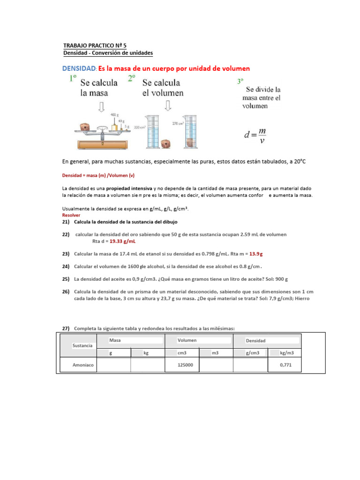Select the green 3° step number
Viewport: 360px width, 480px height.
240,81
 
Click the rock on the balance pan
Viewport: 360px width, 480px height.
84,127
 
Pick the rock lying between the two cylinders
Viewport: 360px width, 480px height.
165,143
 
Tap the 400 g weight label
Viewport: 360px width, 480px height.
114,115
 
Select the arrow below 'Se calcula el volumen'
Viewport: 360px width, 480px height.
167,106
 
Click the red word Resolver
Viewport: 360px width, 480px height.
71,215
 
